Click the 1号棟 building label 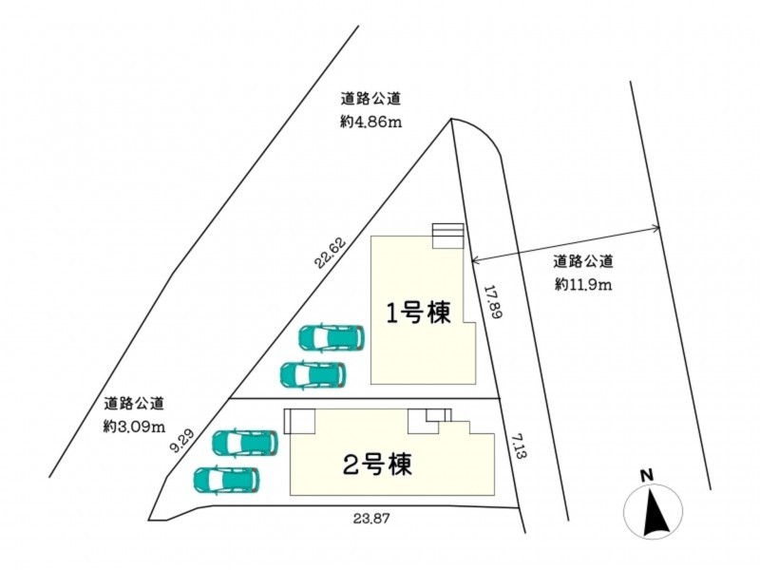(418, 313)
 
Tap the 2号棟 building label (377, 464)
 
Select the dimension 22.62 (331, 254)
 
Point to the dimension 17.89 (492, 301)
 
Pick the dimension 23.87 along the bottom (371, 519)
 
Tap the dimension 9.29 (182, 441)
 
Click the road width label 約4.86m (370, 123)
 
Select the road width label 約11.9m (583, 284)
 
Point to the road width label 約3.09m (135, 427)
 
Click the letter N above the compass (646, 476)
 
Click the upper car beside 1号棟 (332, 338)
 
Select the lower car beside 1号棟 (313, 374)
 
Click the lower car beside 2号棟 (227, 480)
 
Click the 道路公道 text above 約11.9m (583, 262)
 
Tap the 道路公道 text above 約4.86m (370, 100)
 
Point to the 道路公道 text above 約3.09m (134, 403)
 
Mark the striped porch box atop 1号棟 (447, 236)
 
